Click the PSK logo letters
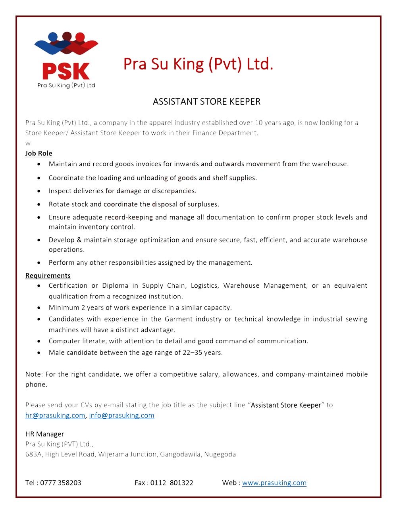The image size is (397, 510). (x=66, y=72)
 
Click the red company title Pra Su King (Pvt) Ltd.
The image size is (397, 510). (x=198, y=64)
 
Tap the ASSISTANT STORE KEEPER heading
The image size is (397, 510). (x=206, y=102)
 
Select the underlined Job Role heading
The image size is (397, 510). (x=39, y=154)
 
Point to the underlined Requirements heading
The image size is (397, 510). (x=48, y=276)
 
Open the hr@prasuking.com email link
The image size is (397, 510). (x=55, y=416)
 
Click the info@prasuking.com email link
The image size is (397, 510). (x=121, y=416)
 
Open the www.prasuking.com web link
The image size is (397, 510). (x=274, y=483)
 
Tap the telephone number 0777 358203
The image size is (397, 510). (x=61, y=483)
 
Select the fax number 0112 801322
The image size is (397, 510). (x=172, y=483)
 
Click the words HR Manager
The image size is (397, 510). (x=44, y=434)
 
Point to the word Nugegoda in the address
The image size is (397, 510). (x=220, y=454)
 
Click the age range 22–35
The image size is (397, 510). (x=192, y=353)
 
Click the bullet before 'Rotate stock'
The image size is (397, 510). (x=39, y=205)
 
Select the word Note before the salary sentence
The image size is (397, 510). (x=33, y=374)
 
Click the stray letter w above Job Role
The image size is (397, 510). (x=28, y=143)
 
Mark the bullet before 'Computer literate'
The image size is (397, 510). (x=39, y=341)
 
